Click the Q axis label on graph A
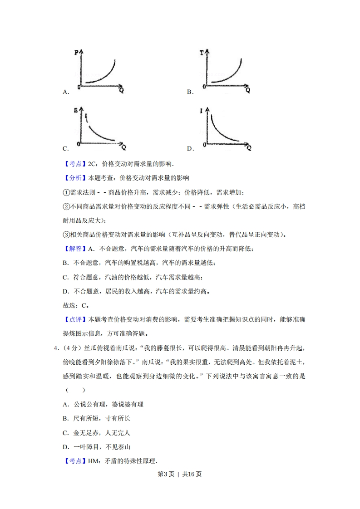click(122, 90)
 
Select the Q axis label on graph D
click(249, 148)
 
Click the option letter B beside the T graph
click(190, 92)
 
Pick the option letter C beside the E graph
click(65, 148)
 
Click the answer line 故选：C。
click(75, 305)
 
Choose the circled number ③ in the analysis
click(65, 235)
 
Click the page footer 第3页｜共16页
click(179, 474)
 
